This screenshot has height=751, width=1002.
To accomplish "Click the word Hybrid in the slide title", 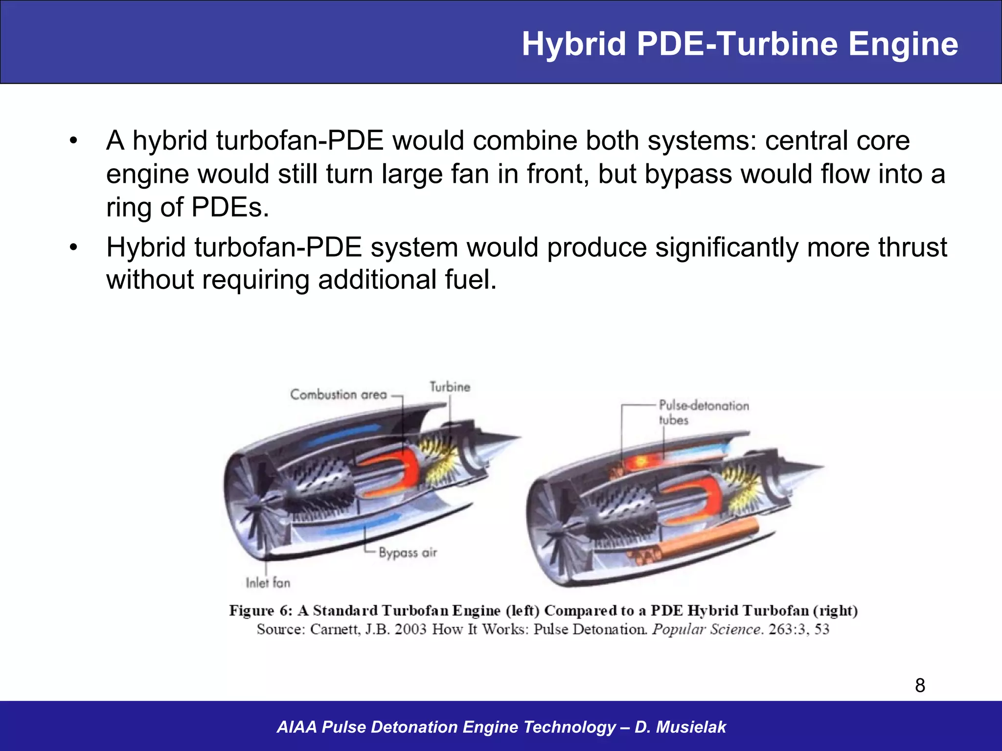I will [574, 45].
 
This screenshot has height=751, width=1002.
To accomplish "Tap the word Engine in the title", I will [903, 45].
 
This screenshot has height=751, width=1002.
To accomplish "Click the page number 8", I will [920, 685].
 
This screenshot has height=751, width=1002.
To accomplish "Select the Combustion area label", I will [339, 395].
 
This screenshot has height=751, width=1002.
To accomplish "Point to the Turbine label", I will [450, 387].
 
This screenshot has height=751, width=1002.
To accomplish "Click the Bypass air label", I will [408, 553].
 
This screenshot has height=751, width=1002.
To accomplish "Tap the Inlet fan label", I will [268, 583].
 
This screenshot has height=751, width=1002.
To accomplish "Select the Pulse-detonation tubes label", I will [703, 412].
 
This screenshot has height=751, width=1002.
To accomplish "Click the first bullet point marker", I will [73, 141].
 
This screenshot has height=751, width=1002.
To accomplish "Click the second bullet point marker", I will [73, 248].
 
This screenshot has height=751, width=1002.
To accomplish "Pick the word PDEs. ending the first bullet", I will [230, 207].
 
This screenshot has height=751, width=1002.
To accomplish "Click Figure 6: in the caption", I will [261, 611].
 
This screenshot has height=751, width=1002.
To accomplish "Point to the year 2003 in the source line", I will [410, 629].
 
